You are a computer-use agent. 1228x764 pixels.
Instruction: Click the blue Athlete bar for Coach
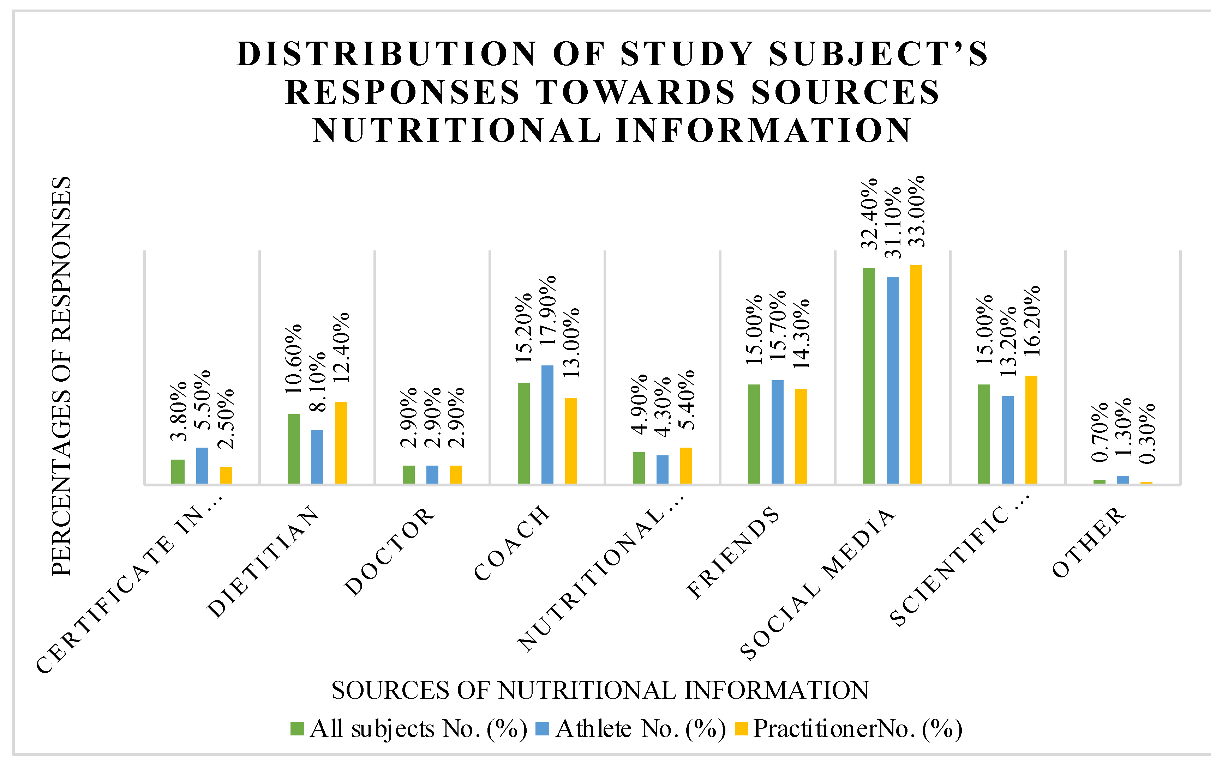click(x=547, y=424)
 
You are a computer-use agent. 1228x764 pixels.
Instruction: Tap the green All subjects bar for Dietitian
click(x=293, y=449)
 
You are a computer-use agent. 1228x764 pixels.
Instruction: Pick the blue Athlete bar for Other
click(x=1123, y=479)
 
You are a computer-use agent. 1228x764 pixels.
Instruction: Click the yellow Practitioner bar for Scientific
click(x=1031, y=430)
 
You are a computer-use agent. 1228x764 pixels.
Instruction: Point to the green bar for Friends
click(x=754, y=434)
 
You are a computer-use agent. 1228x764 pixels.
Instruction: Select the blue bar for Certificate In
click(x=202, y=465)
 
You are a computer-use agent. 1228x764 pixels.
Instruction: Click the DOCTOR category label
click(x=389, y=552)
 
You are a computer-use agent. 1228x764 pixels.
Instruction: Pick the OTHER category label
click(x=1090, y=543)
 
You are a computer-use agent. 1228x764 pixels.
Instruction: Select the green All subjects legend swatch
click(x=297, y=729)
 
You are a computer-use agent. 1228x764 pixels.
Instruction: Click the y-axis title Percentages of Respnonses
click(x=62, y=376)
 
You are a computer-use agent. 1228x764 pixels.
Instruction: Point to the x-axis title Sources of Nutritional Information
click(x=600, y=690)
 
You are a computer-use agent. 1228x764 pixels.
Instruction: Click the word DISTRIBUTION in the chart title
click(x=386, y=54)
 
